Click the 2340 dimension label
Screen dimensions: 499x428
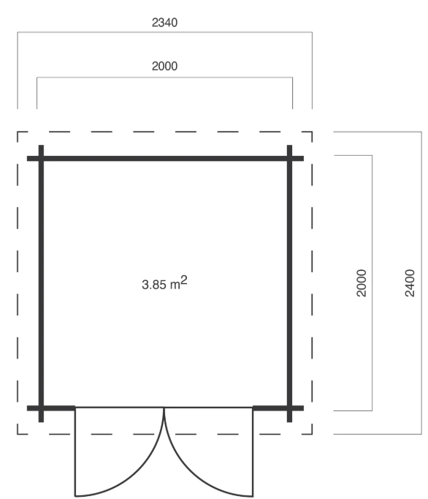(x=164, y=22)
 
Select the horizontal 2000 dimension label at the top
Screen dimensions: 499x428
(x=164, y=65)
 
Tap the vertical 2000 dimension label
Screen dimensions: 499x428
(x=360, y=282)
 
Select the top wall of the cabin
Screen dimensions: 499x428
(x=165, y=158)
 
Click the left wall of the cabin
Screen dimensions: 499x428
(x=41, y=282)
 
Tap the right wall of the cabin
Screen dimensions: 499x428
(x=290, y=282)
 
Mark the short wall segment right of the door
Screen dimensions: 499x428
(x=271, y=407)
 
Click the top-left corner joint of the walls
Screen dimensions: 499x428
(x=41, y=158)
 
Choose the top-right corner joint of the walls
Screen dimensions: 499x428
(x=290, y=158)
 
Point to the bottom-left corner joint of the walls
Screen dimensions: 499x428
(x=41, y=407)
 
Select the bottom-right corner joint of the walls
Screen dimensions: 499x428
(x=290, y=407)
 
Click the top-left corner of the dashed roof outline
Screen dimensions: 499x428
(x=18, y=132)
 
